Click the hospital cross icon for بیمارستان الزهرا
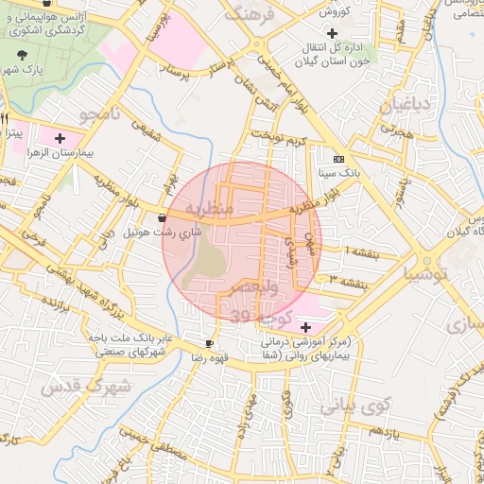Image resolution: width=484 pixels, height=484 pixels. (x=60, y=138)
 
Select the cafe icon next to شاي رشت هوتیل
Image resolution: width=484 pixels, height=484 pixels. (x=164, y=216)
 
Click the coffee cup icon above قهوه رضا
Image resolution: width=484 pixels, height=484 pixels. (x=209, y=343)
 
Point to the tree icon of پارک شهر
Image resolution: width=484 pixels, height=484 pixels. (x=23, y=56)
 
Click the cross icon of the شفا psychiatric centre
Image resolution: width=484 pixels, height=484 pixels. (x=304, y=326)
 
